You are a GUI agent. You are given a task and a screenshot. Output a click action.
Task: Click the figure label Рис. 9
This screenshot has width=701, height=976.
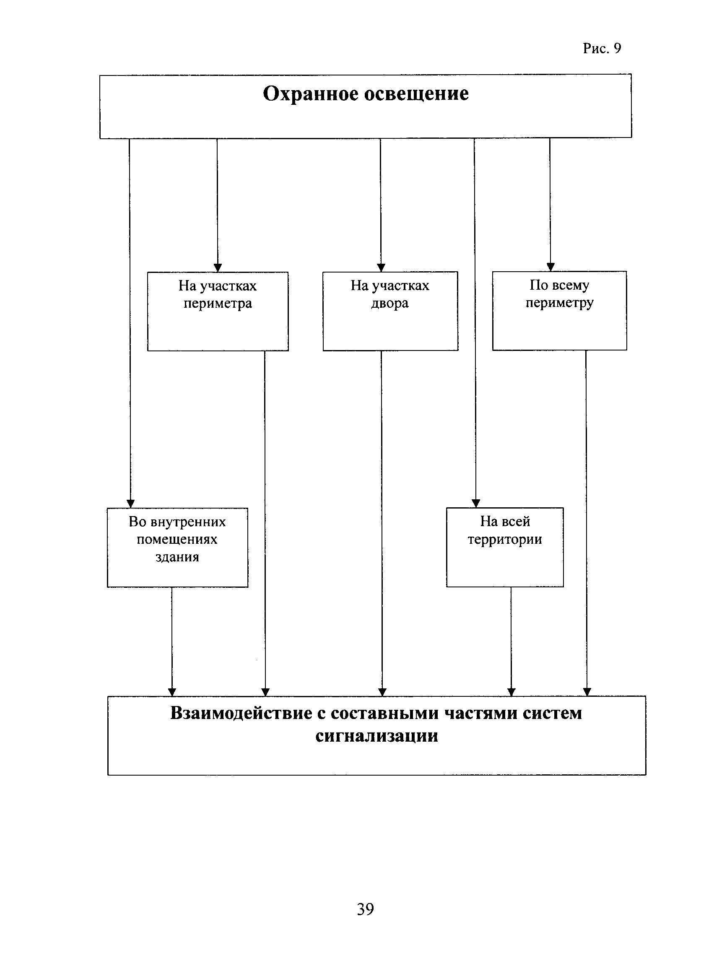pyautogui.click(x=602, y=48)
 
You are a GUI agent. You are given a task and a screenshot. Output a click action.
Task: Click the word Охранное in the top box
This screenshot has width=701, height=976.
pyautogui.click(x=310, y=93)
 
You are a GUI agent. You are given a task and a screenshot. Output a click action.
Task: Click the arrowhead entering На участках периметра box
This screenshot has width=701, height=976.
pyautogui.click(x=218, y=267)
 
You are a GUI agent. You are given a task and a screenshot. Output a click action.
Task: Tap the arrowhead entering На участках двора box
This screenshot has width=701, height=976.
pyautogui.click(x=381, y=267)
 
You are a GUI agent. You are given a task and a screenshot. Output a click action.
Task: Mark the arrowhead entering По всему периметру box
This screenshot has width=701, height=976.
pyautogui.click(x=550, y=267)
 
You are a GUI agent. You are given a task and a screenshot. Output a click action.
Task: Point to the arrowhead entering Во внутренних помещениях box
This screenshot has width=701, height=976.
pyautogui.click(x=130, y=504)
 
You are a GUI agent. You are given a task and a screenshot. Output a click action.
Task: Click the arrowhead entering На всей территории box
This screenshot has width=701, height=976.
pyautogui.click(x=475, y=503)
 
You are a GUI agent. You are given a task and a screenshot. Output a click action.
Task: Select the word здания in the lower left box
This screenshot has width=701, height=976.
pyautogui.click(x=177, y=557)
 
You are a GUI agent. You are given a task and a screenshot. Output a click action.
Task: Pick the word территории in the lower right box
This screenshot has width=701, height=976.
pyautogui.click(x=505, y=540)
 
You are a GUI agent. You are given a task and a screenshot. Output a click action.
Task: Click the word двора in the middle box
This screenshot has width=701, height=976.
pyautogui.click(x=390, y=304)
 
